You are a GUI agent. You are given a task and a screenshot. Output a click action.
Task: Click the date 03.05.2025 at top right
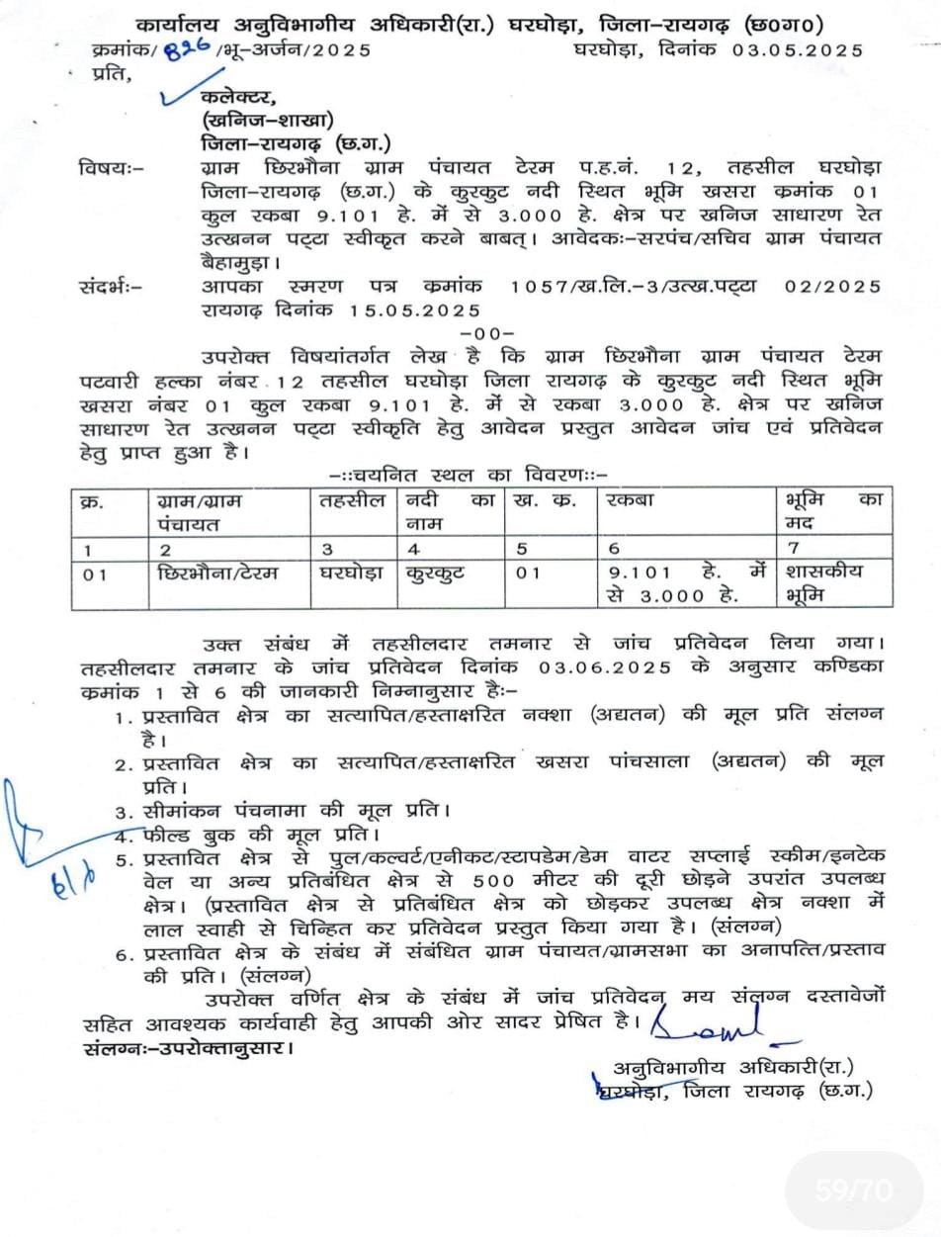click(798, 49)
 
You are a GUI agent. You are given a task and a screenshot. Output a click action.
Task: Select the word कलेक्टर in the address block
click(238, 97)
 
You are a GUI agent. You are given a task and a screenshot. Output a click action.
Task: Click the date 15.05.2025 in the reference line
click(414, 310)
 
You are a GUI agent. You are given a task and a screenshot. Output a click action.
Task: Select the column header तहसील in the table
click(352, 500)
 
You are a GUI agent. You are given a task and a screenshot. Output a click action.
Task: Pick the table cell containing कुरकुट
click(435, 573)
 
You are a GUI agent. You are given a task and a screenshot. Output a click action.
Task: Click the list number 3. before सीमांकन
click(124, 813)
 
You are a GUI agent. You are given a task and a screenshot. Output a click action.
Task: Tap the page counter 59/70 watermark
click(854, 1190)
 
